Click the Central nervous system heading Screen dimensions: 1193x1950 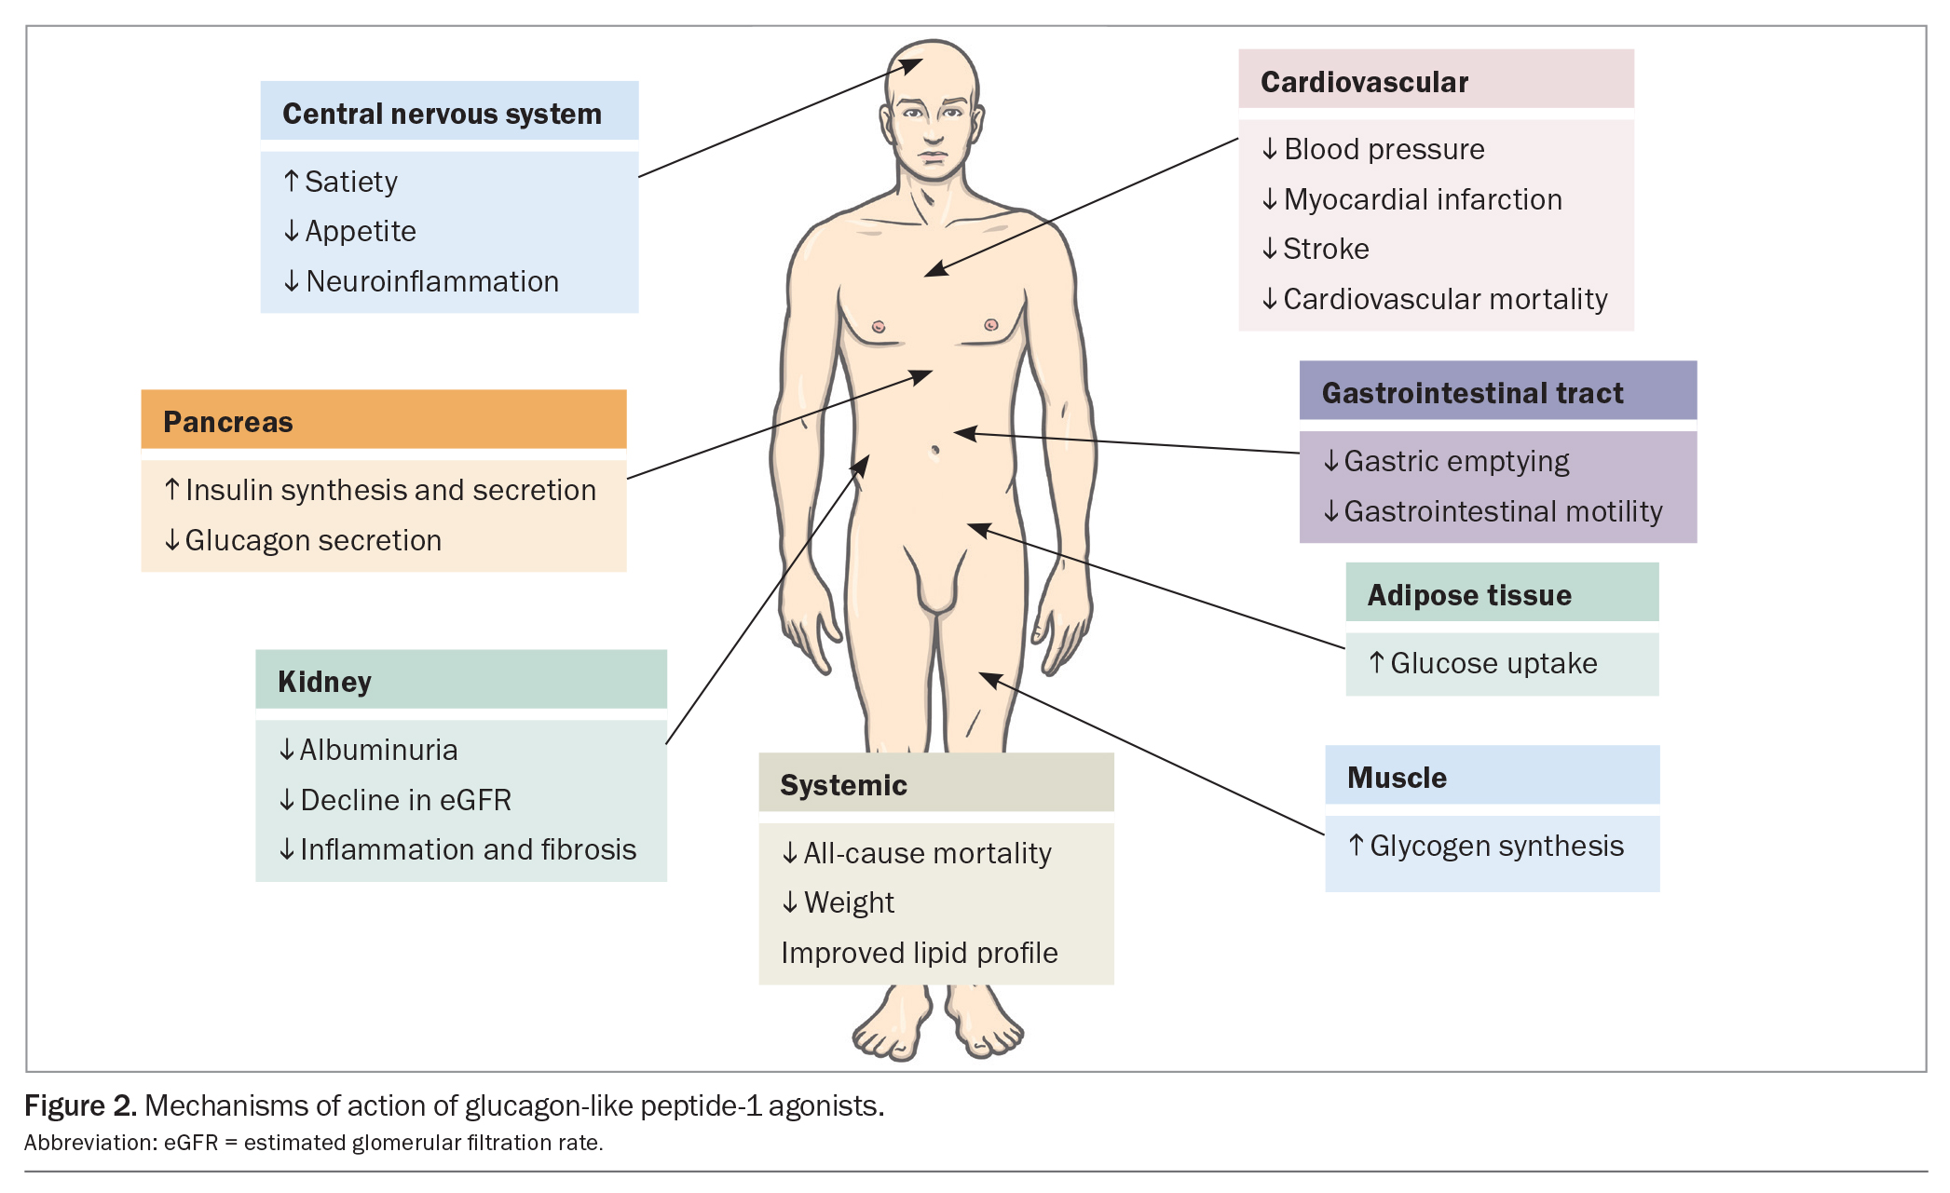click(442, 114)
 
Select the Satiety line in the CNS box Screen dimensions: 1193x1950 click(341, 182)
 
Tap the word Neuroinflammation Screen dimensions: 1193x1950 click(432, 281)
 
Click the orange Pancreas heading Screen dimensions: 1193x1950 click(228, 422)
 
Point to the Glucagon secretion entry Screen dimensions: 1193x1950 click(303, 540)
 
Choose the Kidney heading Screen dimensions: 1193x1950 click(324, 682)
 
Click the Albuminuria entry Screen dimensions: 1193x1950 click(369, 750)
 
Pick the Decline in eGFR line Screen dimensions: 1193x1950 click(396, 800)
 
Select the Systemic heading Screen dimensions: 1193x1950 click(843, 785)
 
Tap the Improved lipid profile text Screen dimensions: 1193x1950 click(919, 953)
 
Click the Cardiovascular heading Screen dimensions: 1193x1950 click(1364, 82)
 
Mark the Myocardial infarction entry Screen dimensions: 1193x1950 click(1412, 199)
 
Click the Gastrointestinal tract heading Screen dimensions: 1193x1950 click(1472, 393)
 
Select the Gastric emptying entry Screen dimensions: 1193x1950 click(1447, 461)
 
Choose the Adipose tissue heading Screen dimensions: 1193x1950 click(1469, 595)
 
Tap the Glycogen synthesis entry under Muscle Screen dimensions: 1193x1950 click(1487, 846)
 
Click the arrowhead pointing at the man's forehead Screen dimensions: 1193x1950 click(909, 65)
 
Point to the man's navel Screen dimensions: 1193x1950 click(934, 451)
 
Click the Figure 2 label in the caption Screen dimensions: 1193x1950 click(80, 1105)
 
